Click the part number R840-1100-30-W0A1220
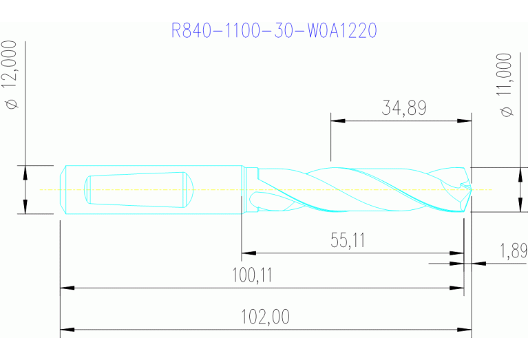[275, 31]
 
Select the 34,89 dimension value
[403, 108]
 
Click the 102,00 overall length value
[265, 317]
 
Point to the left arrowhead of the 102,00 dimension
[66, 330]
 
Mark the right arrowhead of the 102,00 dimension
[466, 330]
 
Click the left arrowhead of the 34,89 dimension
[337, 120]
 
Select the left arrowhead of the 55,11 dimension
[247, 253]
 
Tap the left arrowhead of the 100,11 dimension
[66, 288]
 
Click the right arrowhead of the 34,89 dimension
[466, 120]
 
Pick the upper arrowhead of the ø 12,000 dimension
[25, 171]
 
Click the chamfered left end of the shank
[63, 189]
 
